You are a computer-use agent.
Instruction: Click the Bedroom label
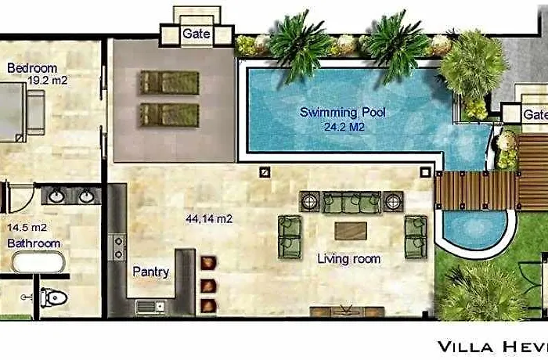pyautogui.click(x=32, y=68)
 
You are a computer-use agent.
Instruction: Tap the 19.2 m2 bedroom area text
pyautogui.click(x=48, y=81)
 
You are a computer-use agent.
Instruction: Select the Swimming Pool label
pyautogui.click(x=343, y=113)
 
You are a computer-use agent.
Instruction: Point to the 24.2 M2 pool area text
pyautogui.click(x=344, y=127)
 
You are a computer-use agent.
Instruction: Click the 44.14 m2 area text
pyautogui.click(x=209, y=219)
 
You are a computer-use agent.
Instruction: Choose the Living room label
pyautogui.click(x=349, y=259)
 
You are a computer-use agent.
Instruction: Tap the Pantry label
pyautogui.click(x=151, y=272)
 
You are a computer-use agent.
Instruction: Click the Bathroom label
pyautogui.click(x=34, y=243)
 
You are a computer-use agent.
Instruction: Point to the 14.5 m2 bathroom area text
pyautogui.click(x=27, y=228)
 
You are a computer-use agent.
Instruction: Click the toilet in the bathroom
pyautogui.click(x=53, y=298)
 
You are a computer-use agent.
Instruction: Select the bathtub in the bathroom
pyautogui.click(x=38, y=262)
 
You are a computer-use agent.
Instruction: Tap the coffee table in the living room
pyautogui.click(x=351, y=231)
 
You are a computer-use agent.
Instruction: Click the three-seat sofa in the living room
pyautogui.click(x=352, y=202)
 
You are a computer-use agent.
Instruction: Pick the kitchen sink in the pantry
pyautogui.click(x=150, y=308)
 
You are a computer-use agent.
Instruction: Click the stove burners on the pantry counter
pyautogui.click(x=118, y=247)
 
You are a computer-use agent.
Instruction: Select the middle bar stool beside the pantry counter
pyautogui.click(x=208, y=286)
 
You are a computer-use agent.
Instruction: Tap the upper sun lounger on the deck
pyautogui.click(x=170, y=83)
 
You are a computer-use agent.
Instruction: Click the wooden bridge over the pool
pyautogui.click(x=476, y=190)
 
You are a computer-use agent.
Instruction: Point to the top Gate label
pyautogui.click(x=196, y=34)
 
